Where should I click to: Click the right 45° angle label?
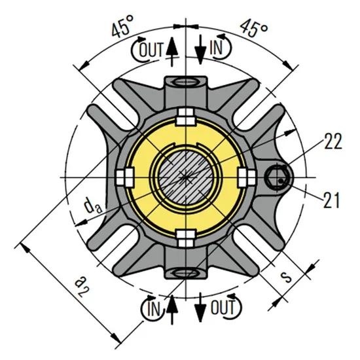[254, 28]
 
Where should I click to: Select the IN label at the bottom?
[154, 306]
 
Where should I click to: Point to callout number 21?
[333, 198]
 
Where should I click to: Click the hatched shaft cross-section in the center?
[187, 177]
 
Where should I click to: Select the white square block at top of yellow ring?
[187, 119]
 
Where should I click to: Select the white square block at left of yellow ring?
[123, 177]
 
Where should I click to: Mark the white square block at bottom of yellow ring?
[187, 236]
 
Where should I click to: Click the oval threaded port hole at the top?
[187, 82]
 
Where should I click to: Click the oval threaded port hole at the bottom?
[187, 271]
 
